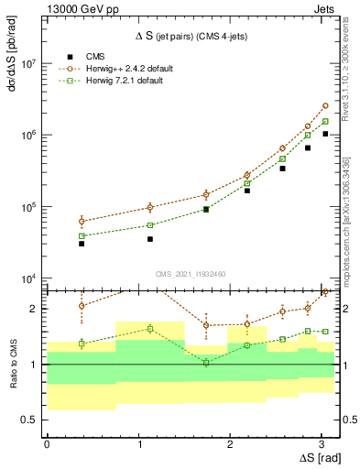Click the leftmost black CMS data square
tap(82, 244)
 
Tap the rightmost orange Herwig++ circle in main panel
tap(325, 105)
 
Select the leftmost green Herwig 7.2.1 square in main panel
tap(82, 236)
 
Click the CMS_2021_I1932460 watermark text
tap(191, 272)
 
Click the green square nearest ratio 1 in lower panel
tap(206, 362)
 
